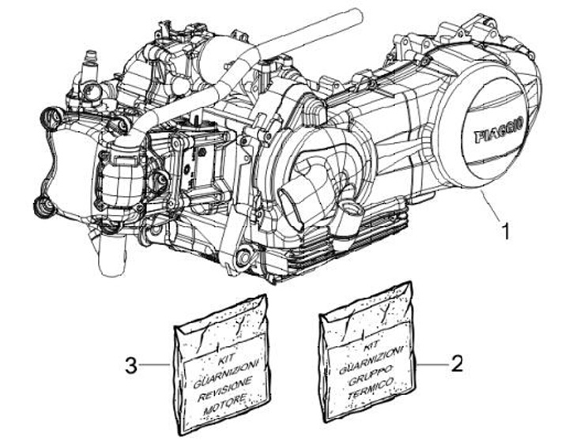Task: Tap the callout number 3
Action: (132, 365)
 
